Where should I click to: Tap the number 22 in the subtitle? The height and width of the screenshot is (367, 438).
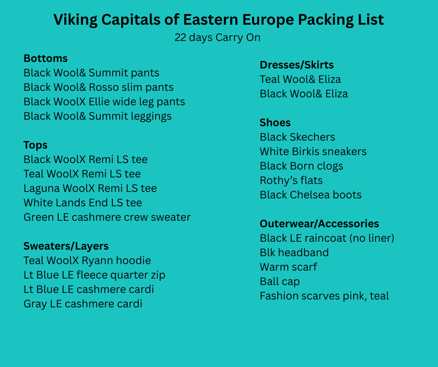180,37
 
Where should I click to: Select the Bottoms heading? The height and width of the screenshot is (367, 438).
46,58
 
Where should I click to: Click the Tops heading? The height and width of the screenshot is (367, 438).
35,145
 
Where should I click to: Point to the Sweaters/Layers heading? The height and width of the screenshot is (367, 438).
66,246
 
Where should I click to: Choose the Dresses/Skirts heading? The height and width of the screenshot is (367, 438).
297,65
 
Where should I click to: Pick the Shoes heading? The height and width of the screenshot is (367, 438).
275,122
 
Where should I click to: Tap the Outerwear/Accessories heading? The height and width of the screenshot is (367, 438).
319,224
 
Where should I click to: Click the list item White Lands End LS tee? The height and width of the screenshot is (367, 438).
82,203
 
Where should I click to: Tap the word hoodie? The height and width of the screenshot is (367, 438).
134,261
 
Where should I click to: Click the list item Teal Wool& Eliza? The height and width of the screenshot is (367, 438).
300,79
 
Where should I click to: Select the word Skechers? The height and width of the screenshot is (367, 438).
312,137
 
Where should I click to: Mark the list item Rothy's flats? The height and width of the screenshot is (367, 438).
291,180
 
